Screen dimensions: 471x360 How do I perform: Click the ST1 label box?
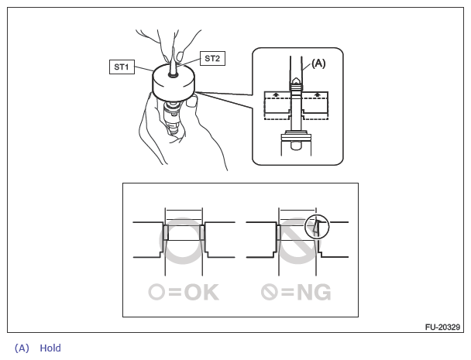point(122,67)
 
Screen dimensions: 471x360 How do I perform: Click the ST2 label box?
point(212,58)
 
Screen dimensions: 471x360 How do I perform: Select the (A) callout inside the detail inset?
point(318,63)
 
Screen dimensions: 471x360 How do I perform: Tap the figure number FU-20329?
point(442,327)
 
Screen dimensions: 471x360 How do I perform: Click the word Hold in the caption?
point(50,348)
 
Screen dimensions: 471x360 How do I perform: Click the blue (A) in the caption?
point(22,348)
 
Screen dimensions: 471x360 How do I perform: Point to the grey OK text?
point(201,292)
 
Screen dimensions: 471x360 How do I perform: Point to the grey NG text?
point(314,292)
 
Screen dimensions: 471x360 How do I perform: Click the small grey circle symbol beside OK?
point(156,292)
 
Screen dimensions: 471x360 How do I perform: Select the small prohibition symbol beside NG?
point(269,292)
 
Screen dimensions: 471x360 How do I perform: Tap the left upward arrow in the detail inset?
point(276,94)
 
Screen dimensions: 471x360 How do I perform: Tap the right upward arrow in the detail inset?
point(317,94)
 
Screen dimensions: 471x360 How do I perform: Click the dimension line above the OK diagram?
point(184,211)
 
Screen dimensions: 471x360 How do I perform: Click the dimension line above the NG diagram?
point(297,211)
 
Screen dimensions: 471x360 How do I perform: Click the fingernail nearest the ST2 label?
point(180,56)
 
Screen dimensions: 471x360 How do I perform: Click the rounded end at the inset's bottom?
point(296,146)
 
